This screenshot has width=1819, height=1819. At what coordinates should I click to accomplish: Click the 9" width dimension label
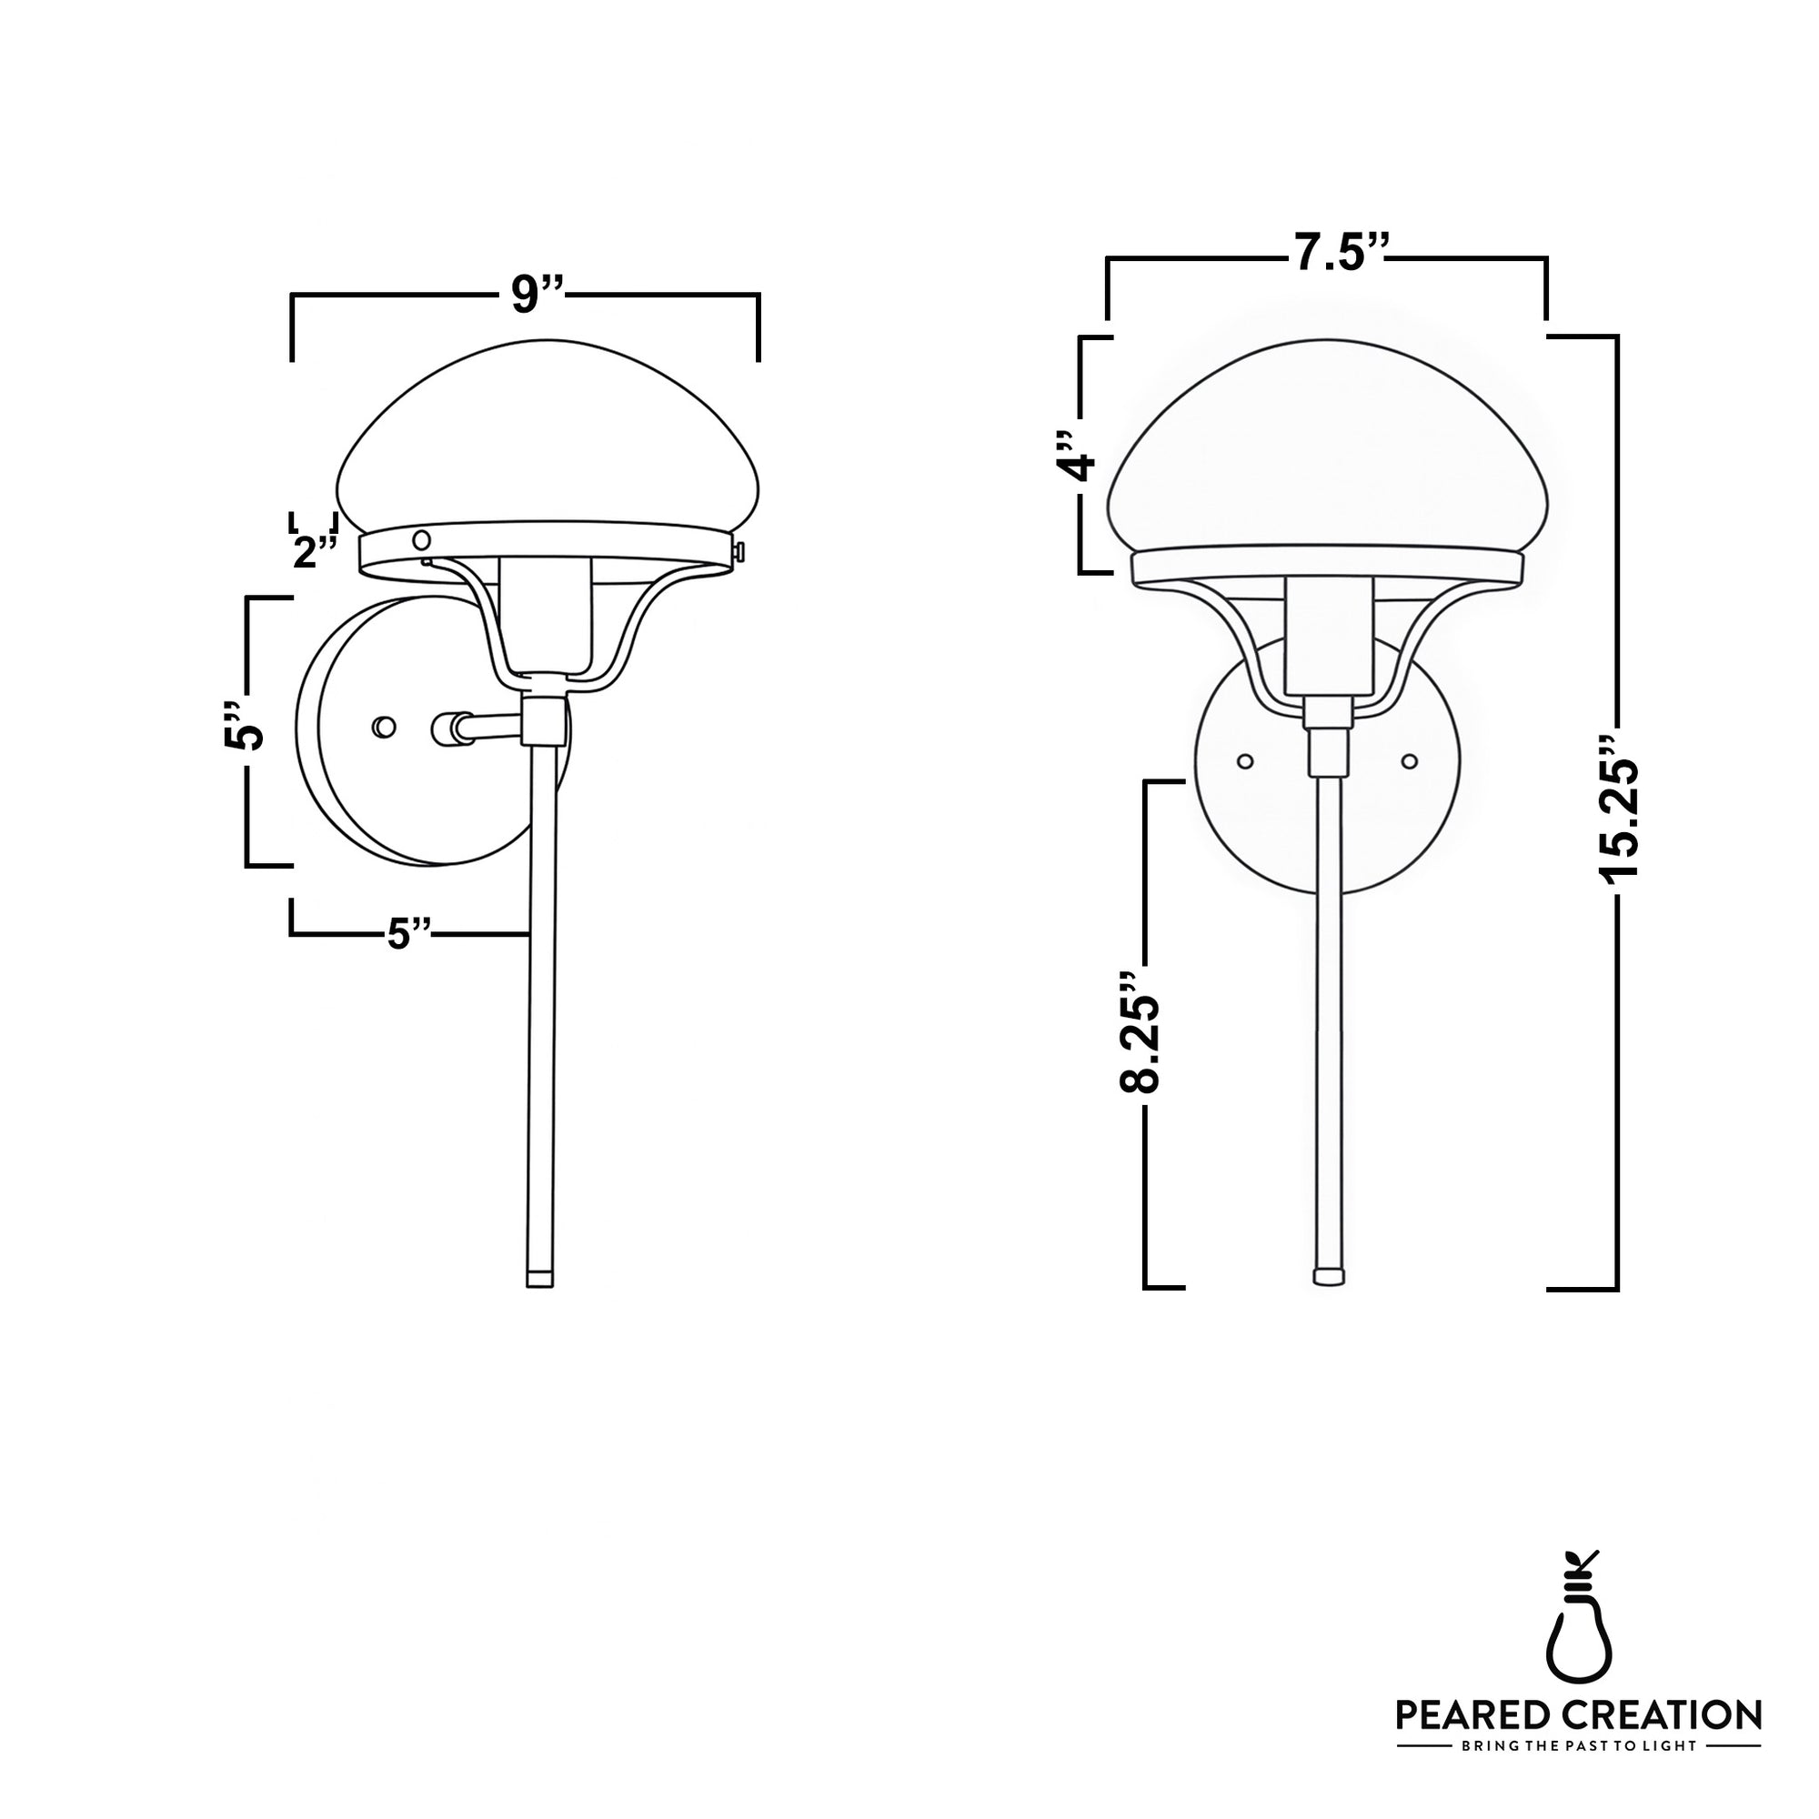[536, 295]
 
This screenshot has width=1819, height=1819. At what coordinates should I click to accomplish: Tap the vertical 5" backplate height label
[243, 726]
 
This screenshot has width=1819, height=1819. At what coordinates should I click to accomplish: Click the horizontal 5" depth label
[408, 935]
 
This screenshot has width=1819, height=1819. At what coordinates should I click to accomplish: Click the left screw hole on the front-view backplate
[1245, 759]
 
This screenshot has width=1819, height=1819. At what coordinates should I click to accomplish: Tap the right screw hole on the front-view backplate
[1410, 759]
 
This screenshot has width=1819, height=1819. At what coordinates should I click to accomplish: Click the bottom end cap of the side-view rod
[538, 1281]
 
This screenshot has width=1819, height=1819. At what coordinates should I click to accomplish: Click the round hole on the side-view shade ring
[423, 539]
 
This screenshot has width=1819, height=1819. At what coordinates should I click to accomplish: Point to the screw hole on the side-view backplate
[383, 727]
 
